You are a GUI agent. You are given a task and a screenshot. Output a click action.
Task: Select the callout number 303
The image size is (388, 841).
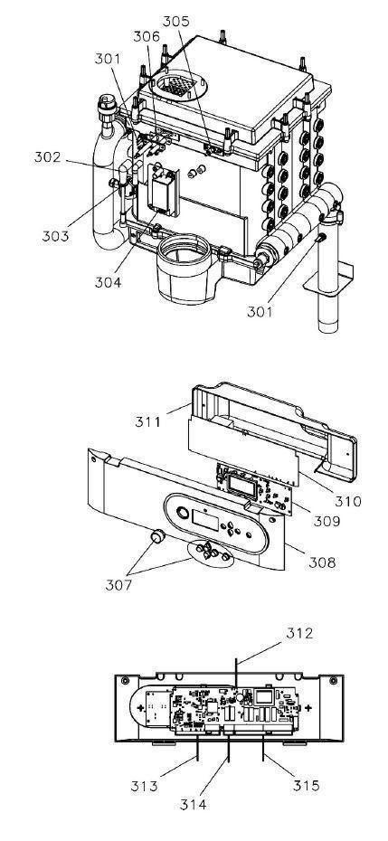[x=56, y=235]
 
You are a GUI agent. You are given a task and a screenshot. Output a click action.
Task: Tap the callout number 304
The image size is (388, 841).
[x=109, y=281]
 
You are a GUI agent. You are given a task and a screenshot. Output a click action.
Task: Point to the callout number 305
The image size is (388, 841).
[x=176, y=22]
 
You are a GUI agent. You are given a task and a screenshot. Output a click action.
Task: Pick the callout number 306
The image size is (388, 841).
[x=147, y=36]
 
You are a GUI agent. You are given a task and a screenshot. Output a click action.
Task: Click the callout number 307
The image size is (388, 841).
[x=118, y=584]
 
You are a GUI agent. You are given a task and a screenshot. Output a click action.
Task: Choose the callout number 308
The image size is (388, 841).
[x=322, y=562]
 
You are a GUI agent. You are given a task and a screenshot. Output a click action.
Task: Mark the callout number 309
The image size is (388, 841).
[x=326, y=520]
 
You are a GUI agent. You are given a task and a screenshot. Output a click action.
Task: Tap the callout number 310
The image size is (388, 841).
[x=348, y=501]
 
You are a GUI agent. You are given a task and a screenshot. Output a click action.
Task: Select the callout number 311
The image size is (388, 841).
[x=147, y=421]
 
